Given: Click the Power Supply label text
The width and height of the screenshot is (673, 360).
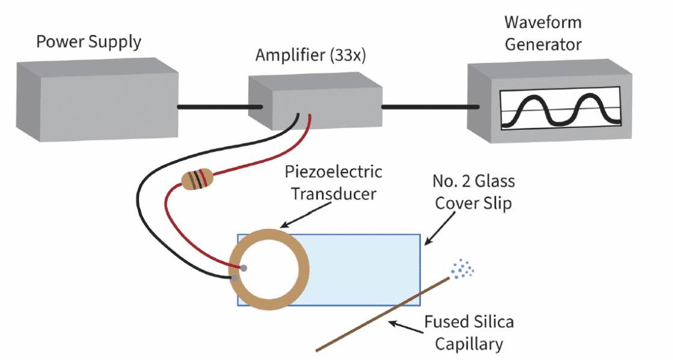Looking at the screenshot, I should pos(88,42).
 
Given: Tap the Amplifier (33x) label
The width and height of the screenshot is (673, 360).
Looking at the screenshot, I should pos(310,55).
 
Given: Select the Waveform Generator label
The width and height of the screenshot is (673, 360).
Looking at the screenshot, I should pos(542,34).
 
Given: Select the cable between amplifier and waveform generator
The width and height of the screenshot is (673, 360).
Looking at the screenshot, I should pos(430,107).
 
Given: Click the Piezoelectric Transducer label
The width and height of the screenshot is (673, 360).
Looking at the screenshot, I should pos(334,183).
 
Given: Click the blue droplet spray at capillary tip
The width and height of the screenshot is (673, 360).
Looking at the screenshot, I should pos(462,269).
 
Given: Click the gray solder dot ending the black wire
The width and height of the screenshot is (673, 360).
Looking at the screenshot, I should pos(235,278).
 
